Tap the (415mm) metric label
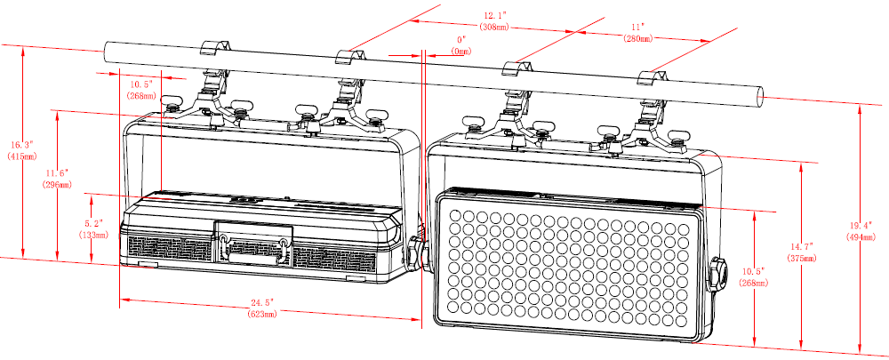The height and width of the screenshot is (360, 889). (x=19, y=156)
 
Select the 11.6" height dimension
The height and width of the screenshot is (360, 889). (x=58, y=172)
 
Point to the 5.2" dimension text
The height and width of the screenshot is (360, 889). (x=93, y=223)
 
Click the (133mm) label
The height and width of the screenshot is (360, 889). (x=92, y=235)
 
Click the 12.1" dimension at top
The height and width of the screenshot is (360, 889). (x=495, y=16)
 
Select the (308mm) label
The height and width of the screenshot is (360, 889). (x=495, y=28)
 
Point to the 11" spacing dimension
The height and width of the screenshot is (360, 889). (x=637, y=28)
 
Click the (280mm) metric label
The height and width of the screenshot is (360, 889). (x=637, y=39)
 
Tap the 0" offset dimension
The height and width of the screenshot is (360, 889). (x=461, y=40)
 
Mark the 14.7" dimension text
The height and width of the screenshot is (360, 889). (x=802, y=245)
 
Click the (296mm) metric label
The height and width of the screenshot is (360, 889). (x=58, y=184)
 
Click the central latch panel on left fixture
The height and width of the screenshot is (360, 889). (x=253, y=244)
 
